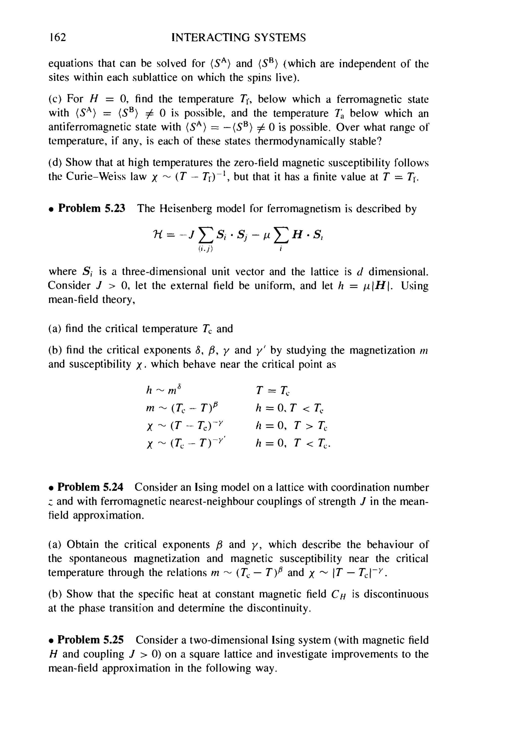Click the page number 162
(57, 38)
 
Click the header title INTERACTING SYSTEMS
(239, 38)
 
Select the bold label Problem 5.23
(92, 209)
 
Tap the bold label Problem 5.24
(90, 488)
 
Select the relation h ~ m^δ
(165, 390)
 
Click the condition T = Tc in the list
(273, 391)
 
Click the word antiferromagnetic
(89, 127)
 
